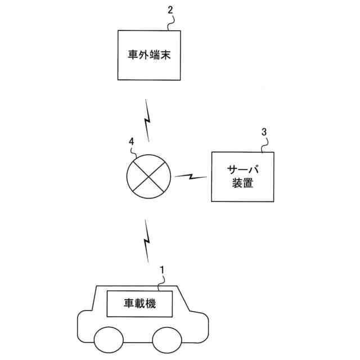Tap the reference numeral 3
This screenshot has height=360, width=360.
coord(264,132)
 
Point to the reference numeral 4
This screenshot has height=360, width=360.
coord(131,142)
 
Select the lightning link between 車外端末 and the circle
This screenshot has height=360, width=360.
coord(147,120)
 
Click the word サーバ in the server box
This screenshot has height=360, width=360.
coord(242,170)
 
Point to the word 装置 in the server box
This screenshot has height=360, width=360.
coord(242,183)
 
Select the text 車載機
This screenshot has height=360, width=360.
coord(139,304)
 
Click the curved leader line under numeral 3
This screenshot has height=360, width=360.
coord(264,144)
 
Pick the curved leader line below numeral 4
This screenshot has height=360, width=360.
coord(136,152)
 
